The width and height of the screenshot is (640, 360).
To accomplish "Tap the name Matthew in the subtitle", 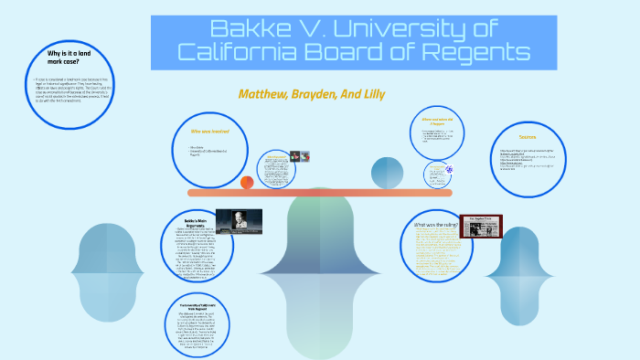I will point(266,94).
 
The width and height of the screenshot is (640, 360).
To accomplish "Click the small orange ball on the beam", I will point(247,183).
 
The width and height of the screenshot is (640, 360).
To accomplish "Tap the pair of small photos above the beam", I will point(299,156).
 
